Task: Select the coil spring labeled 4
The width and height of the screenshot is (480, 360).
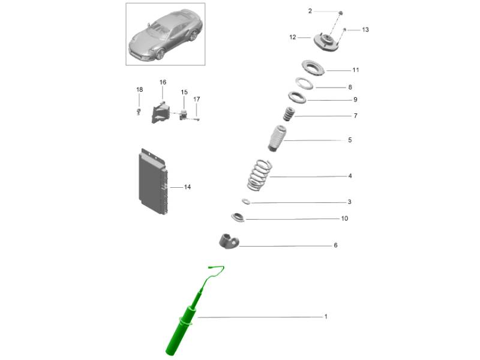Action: pos(259,175)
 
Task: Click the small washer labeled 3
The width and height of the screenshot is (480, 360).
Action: pos(246,202)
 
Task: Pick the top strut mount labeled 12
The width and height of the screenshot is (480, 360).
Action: pos(326,43)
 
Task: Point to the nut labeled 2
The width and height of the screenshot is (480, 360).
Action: pos(340,13)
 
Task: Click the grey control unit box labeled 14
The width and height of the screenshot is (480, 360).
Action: pos(153,182)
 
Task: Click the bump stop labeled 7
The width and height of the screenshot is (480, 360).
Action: pos(288,114)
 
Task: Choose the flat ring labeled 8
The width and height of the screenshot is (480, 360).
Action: pos(304,83)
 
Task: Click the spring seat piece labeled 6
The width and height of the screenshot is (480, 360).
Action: pos(228,241)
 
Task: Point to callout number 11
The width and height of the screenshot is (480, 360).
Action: pos(355,70)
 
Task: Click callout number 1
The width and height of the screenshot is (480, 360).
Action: pos(326,316)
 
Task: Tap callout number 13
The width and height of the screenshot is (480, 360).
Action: pos(365,29)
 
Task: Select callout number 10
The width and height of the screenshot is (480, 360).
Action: pos(344,218)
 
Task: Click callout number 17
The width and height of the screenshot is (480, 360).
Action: pos(197,99)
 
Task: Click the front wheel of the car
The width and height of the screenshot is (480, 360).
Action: pos(160,55)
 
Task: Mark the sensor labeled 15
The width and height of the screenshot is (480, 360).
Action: pos(184,115)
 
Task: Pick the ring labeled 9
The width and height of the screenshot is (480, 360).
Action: pos(297,97)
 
